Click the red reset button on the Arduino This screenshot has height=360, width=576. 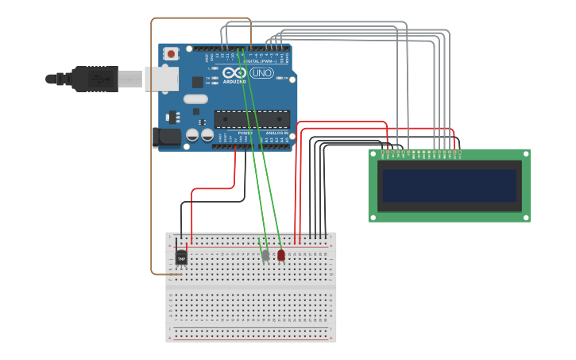171,54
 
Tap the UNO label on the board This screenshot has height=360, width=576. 261,73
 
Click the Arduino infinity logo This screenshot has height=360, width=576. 234,73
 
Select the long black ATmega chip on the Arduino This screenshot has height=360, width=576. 251,119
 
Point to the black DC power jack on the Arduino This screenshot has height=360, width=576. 168,137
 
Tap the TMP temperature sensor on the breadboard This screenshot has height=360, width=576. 181,258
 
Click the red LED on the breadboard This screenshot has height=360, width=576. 280,255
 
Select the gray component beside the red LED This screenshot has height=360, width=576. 265,256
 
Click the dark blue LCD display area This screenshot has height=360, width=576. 449,185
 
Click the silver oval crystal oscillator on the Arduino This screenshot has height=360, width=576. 195,99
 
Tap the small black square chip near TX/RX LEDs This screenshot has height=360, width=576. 197,81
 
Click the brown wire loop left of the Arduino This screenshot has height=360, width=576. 152,159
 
